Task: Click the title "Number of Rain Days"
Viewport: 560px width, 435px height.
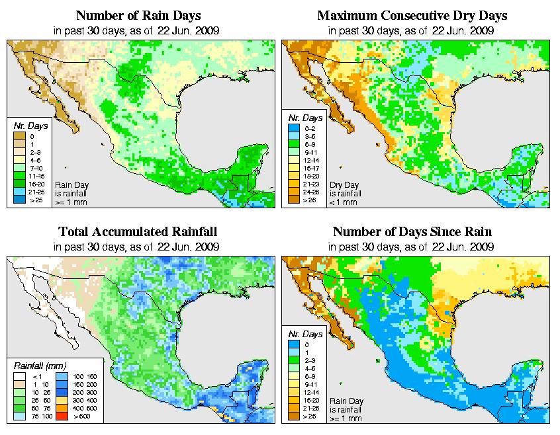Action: coord(138,15)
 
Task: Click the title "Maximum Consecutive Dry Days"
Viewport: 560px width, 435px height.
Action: coord(412,15)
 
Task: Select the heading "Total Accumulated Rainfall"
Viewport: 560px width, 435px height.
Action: coord(138,232)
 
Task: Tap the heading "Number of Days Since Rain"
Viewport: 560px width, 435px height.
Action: coord(412,232)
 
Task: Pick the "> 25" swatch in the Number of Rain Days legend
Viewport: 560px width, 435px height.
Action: coord(19,199)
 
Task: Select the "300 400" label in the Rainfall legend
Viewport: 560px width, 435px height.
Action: coord(81,401)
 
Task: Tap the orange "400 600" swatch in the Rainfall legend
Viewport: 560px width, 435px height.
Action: coord(60,409)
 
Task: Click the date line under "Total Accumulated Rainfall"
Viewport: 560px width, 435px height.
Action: coord(138,247)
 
